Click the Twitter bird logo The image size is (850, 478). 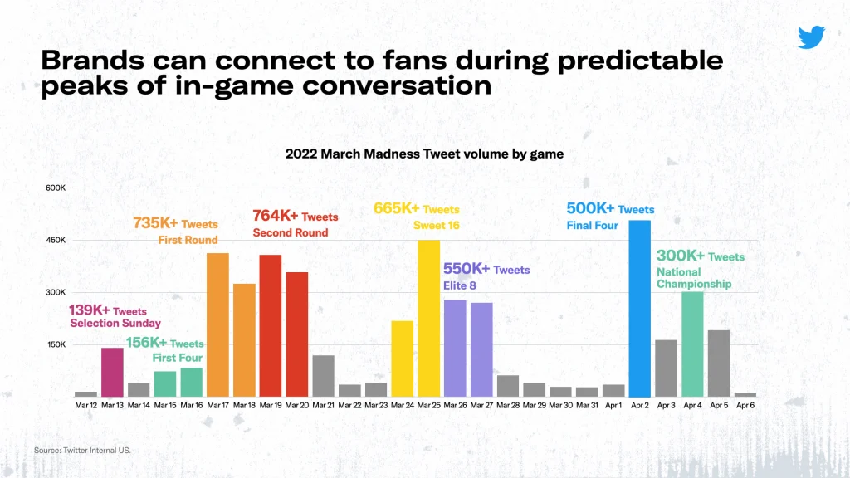811,37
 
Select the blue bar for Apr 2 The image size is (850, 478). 640,308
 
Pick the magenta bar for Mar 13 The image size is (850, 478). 112,372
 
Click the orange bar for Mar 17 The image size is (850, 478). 217,324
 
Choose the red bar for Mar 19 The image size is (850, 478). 271,325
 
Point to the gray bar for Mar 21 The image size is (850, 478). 323,375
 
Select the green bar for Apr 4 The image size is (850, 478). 692,344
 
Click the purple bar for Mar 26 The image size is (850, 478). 455,348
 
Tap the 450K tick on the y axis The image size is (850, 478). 56,240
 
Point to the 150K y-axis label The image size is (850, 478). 56,344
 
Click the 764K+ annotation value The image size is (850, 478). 276,217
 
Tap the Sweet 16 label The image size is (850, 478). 436,225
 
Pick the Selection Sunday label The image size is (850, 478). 115,323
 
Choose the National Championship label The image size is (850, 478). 694,278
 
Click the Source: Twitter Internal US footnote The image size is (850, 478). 82,451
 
